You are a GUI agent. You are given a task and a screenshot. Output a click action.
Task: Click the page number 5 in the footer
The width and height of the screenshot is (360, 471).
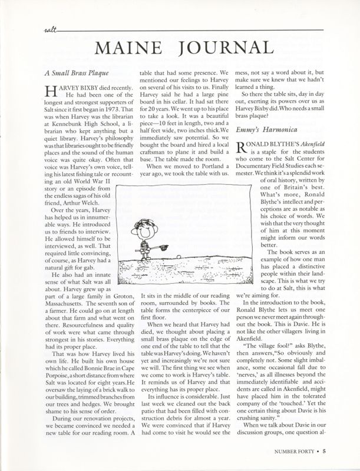pos(333,452)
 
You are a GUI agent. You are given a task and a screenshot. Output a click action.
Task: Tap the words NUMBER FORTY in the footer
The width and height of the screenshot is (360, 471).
pos(296,452)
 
